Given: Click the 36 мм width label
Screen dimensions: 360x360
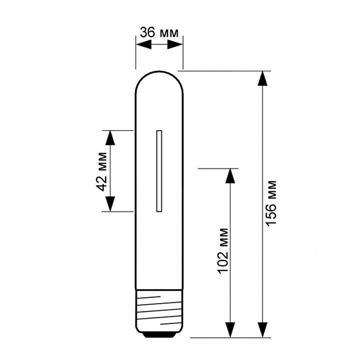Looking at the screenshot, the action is click(159, 32).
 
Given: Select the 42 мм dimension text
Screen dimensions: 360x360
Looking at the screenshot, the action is click(101, 172).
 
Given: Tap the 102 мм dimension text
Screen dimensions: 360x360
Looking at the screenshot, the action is click(223, 251).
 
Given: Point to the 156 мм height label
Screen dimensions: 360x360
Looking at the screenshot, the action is click(271, 203).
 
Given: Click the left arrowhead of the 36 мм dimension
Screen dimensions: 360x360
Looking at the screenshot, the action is click(144, 44).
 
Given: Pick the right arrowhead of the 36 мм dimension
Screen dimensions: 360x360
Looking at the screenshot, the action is click(175, 44).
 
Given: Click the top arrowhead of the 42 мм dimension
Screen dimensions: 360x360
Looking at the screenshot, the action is click(110, 138).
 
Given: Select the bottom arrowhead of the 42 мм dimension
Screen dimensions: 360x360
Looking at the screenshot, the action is click(110, 204).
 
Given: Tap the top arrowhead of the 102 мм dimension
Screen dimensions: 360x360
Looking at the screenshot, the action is click(230, 176).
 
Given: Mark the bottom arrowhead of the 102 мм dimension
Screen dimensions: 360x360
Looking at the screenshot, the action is click(230, 330).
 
